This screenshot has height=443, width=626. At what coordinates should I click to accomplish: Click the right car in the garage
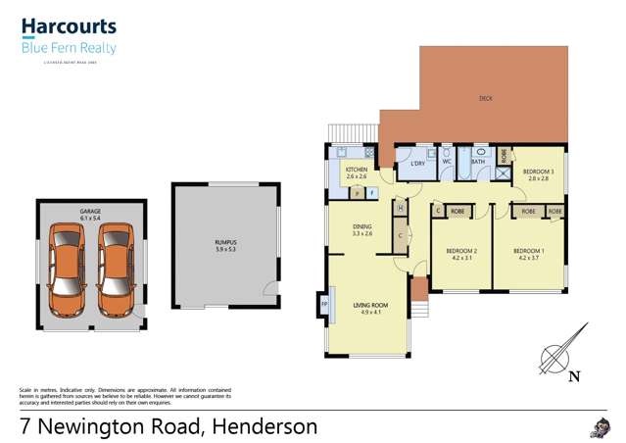tap(115, 271)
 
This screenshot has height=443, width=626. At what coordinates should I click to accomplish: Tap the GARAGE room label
tap(90, 212)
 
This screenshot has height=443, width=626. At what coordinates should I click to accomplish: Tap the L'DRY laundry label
tap(416, 163)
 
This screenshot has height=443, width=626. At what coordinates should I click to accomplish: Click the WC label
tap(447, 162)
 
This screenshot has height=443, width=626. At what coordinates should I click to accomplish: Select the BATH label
tap(478, 162)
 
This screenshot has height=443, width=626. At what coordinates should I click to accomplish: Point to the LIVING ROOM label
tap(370, 306)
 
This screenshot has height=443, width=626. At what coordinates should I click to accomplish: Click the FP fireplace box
tap(324, 305)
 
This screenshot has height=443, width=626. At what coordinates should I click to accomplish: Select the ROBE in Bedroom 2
tap(457, 211)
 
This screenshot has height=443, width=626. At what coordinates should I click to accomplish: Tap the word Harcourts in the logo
tap(69, 26)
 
